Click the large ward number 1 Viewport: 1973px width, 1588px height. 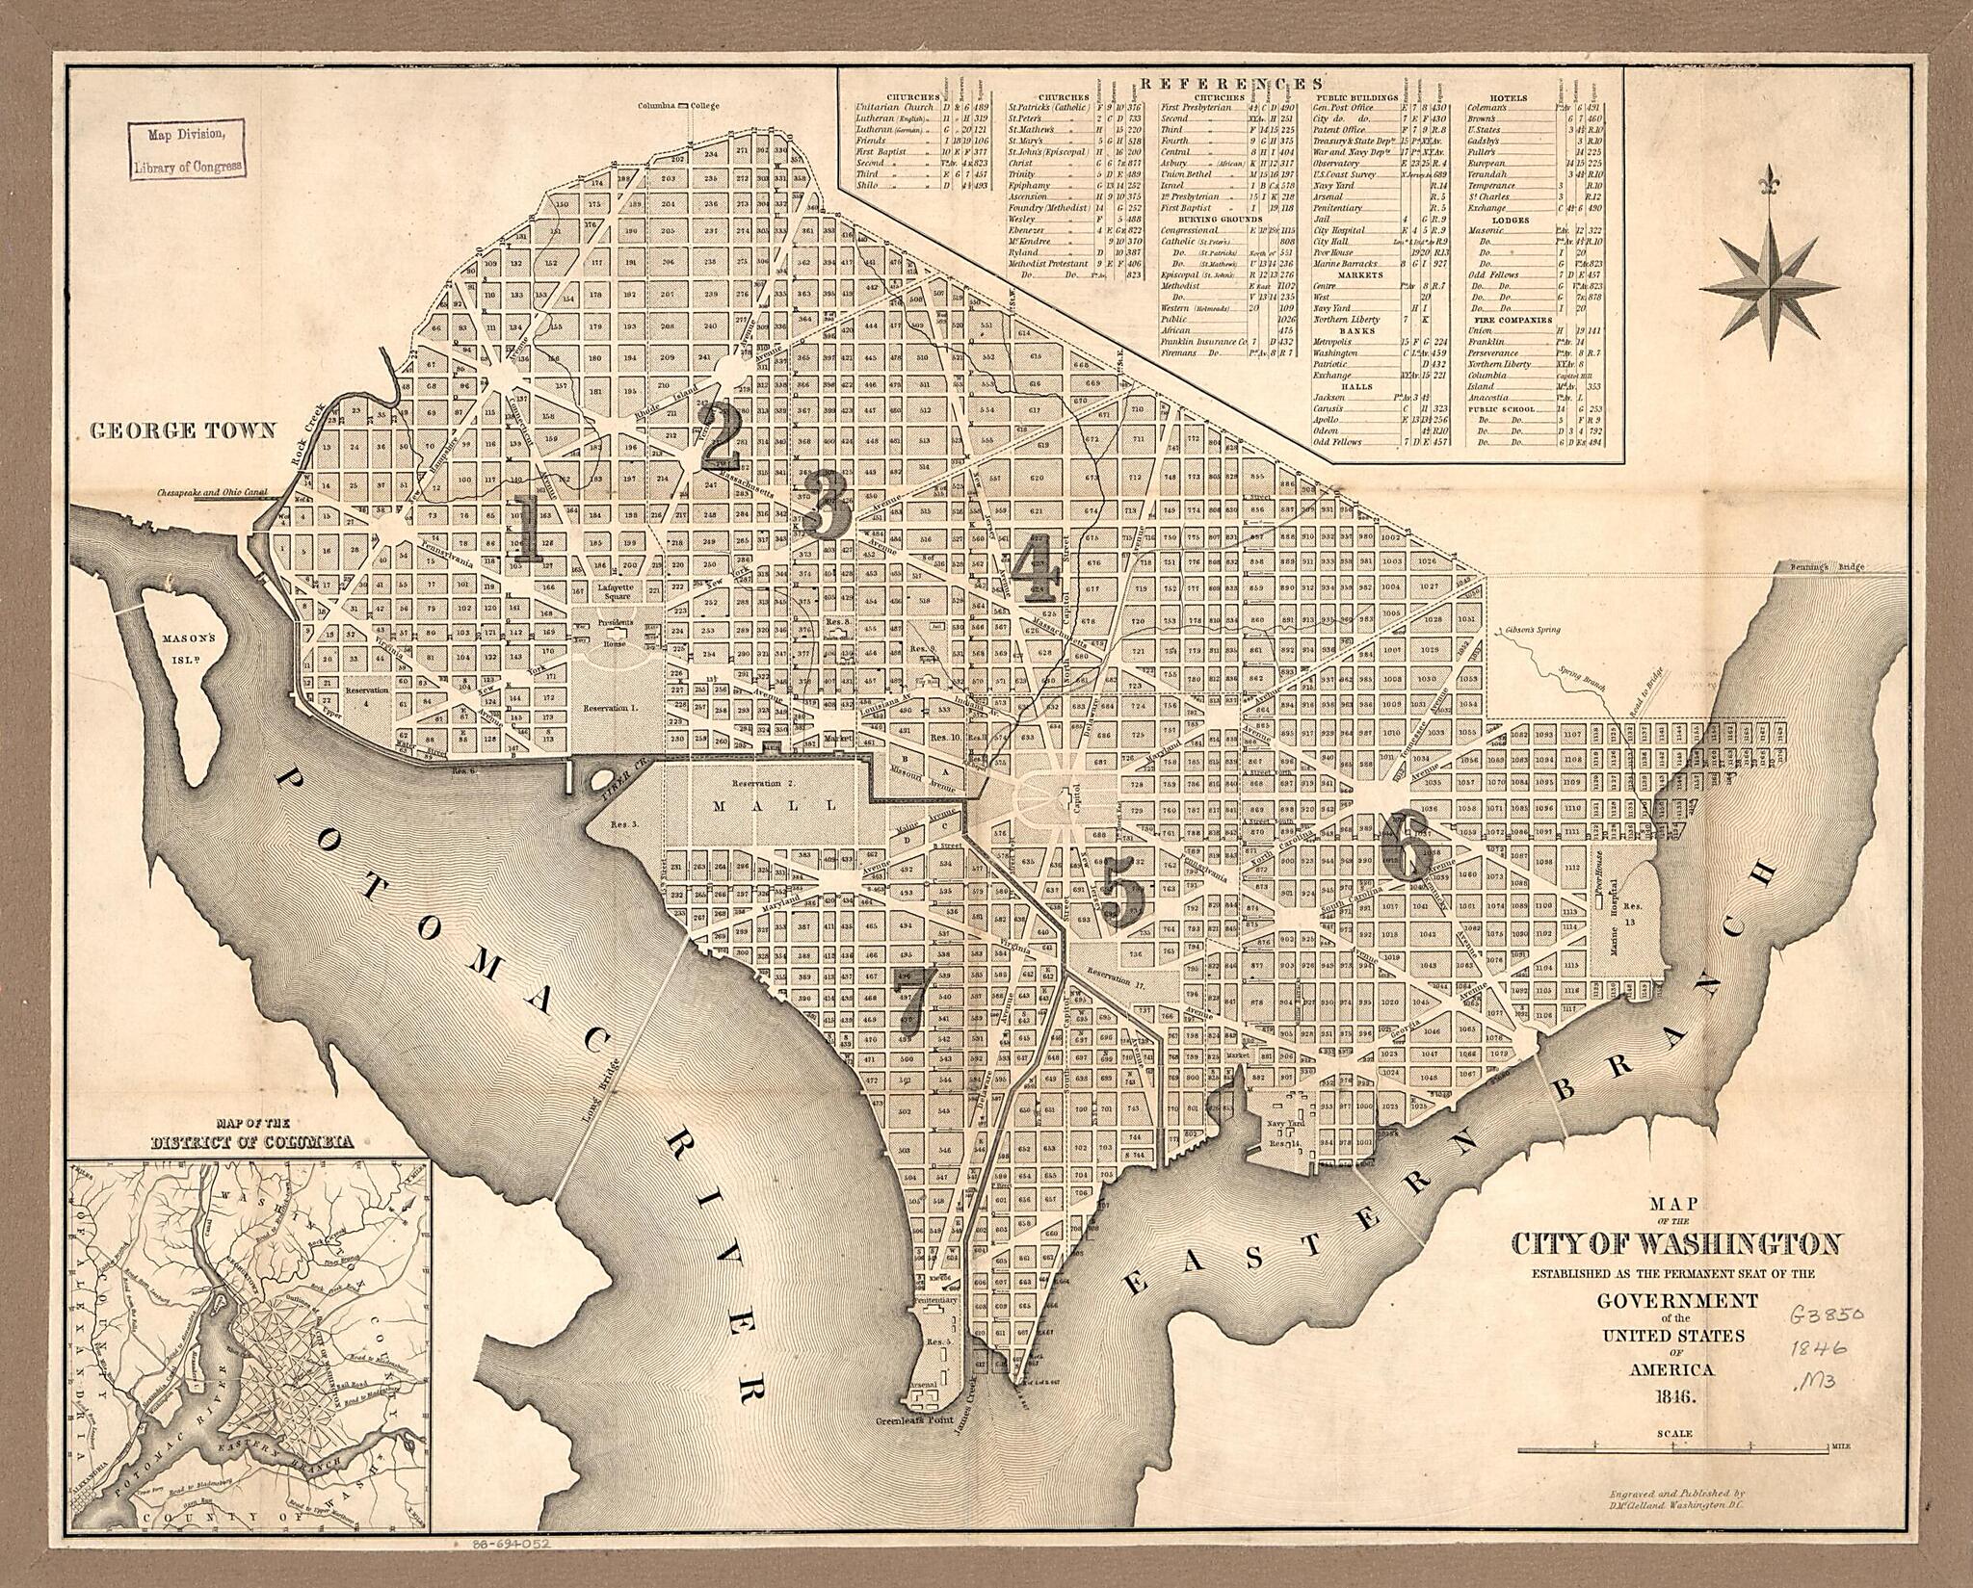point(526,528)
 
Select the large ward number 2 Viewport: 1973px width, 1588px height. point(720,434)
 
